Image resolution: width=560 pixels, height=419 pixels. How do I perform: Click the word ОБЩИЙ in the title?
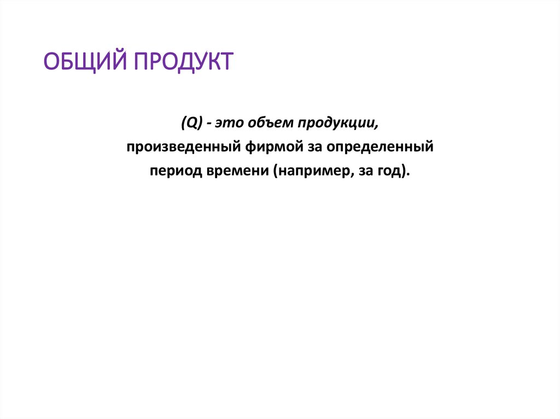[83, 61]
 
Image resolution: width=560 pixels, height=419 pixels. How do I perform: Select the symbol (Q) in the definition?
[192, 123]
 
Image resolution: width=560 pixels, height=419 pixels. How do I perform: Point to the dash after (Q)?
[209, 124]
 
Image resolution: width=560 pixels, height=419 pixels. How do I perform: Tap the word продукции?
[337, 124]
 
